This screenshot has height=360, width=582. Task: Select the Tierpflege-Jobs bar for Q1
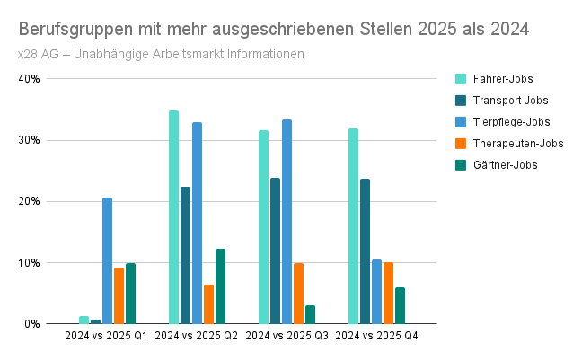tap(107, 260)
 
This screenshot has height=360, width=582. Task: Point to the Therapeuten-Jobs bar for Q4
tap(388, 293)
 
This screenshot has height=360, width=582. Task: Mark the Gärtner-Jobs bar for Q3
tap(310, 314)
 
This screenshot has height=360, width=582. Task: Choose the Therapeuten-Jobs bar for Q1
tap(119, 295)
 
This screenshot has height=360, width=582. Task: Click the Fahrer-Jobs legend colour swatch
tap(461, 79)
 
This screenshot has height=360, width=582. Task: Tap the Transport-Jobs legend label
tap(510, 101)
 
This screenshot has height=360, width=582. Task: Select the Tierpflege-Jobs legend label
tap(511, 122)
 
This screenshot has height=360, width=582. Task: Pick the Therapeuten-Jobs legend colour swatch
tap(461, 144)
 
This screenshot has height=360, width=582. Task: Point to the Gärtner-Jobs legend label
tap(505, 165)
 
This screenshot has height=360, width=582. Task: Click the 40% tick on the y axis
tap(30, 79)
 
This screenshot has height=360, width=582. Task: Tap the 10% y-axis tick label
tap(30, 263)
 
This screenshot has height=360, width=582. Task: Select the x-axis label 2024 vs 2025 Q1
tap(107, 336)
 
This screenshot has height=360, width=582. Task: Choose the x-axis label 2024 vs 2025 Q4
tap(376, 336)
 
